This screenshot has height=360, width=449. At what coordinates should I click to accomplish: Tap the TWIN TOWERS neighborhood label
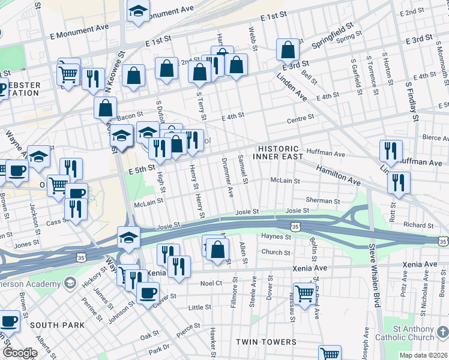coord(265,342)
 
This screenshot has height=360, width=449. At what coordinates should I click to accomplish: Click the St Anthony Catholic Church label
coord(414,332)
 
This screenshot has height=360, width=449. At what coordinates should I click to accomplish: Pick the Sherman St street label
coord(323,201)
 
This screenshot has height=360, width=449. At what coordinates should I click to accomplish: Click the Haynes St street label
coord(276,236)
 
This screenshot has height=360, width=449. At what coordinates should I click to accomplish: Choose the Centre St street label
coord(301,118)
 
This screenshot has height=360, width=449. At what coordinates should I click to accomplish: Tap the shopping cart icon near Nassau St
coord(304,294)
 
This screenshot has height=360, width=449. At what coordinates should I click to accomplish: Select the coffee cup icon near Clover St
coord(148,293)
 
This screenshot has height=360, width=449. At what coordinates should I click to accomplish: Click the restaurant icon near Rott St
coord(399,183)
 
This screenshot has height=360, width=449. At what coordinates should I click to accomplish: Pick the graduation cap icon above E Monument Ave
coord(139,12)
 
